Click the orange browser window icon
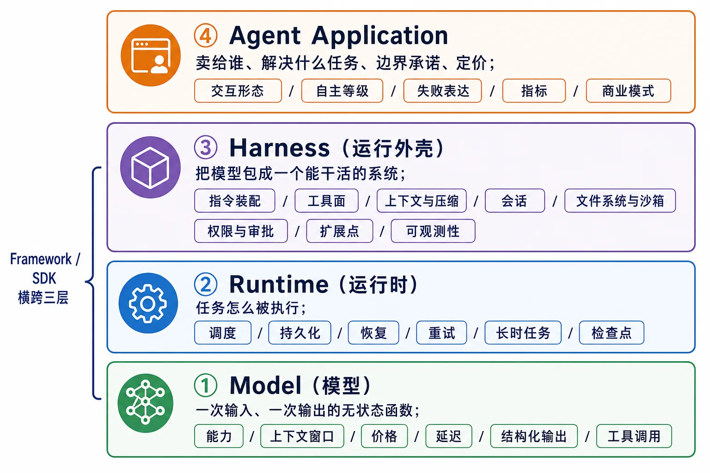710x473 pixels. pos(151,55)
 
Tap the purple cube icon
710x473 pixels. pos(150,167)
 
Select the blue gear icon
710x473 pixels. pos(148,303)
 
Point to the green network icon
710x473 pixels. pos(146,403)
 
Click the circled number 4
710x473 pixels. pos(206,36)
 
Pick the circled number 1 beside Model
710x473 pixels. pos(206,385)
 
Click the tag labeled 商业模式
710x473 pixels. pos(628,91)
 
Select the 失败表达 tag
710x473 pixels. pos(442,91)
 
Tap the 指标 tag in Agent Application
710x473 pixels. pos(534,91)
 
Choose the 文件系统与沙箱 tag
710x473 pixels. pos(620,200)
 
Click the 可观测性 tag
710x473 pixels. pos(433,231)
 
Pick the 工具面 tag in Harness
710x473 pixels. pos(326,200)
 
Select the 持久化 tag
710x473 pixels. pos(300,333)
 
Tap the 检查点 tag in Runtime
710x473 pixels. pos(612,333)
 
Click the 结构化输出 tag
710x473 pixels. pos(534,436)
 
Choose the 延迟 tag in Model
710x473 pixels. pos(449,436)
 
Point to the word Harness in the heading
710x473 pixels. pos(279,148)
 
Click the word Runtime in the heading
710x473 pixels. pos(279,284)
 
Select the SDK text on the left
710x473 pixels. pos(44,279)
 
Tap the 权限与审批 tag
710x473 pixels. pos(241,231)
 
